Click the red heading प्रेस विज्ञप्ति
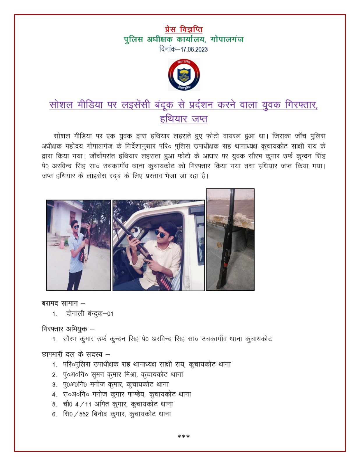pos(183,29)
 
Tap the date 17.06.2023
pos(194,49)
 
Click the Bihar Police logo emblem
pos(184,75)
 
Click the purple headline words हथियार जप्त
pos(183,119)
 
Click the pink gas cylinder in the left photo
pos(62,243)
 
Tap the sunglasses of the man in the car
pos(161,233)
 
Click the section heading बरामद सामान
pos(60,303)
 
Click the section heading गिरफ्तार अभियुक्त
pos(65,329)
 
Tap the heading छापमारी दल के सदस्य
pos(73,354)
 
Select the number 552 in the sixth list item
pos(84,414)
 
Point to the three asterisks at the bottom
pos(183,436)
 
